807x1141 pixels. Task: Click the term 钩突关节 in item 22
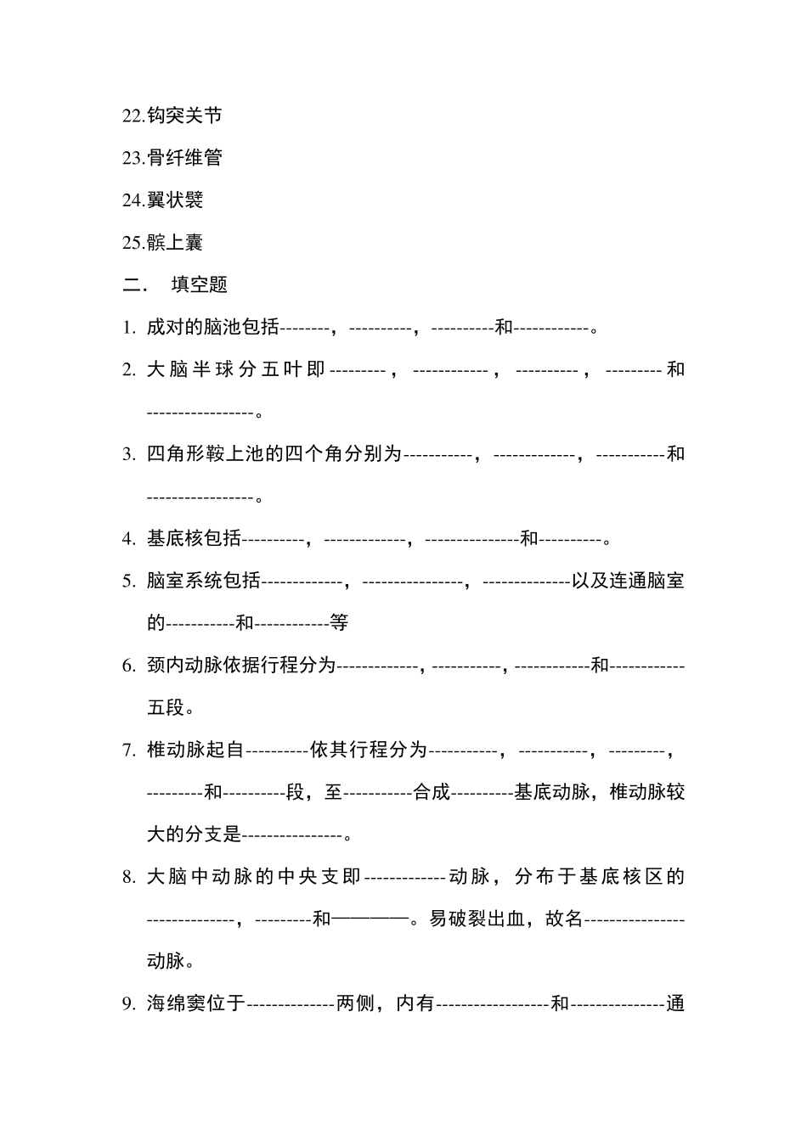[184, 115]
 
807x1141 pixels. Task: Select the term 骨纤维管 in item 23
[184, 158]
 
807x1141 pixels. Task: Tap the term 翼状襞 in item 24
[175, 200]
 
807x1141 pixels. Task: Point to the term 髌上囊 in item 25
[175, 243]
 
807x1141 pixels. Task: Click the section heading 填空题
[200, 285]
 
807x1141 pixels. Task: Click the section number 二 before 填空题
[133, 285]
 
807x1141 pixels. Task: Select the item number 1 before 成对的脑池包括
[127, 328]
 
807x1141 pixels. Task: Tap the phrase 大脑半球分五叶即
[236, 369]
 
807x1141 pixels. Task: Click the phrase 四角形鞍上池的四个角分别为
[274, 454]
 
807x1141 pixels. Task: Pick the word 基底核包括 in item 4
[194, 538]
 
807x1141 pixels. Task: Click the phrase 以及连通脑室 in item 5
[628, 581]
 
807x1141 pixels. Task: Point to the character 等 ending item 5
[339, 623]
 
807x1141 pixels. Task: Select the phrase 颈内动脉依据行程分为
[241, 666]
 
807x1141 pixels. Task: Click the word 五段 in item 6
[165, 708]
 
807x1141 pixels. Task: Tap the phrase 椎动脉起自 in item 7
[195, 750]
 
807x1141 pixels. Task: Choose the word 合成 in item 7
[432, 792]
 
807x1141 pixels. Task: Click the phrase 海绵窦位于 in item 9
[195, 1003]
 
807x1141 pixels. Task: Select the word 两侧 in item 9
[355, 1003]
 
